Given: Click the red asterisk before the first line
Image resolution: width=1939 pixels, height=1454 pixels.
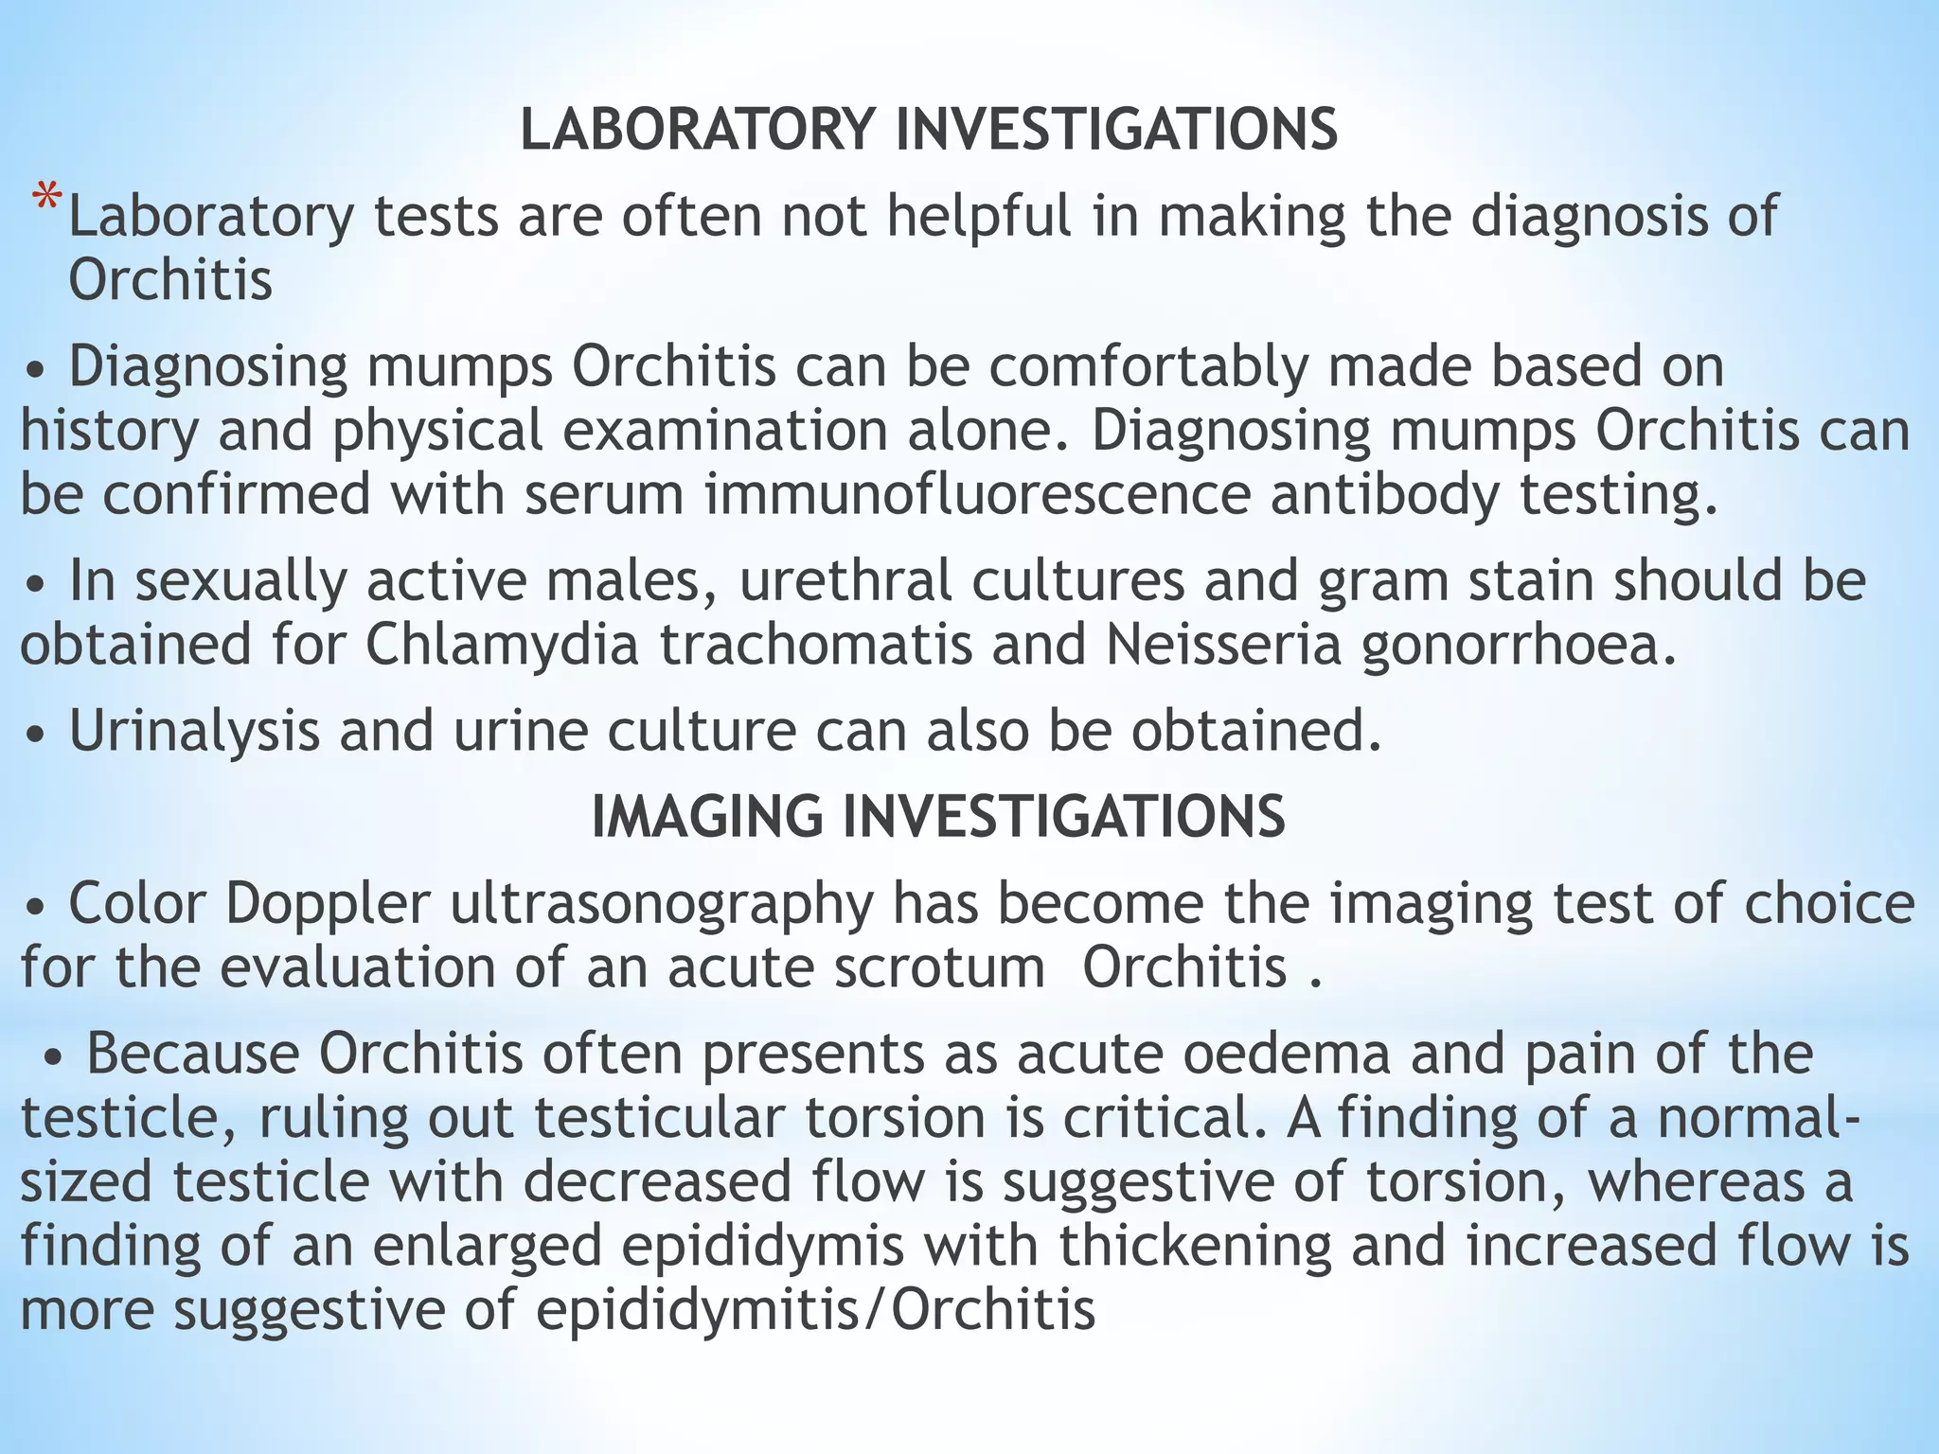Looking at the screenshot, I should tap(46, 201).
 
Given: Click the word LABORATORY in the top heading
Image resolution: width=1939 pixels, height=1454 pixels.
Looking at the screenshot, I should tap(697, 130).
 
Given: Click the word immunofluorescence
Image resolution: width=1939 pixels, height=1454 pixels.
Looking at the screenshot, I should tap(977, 495).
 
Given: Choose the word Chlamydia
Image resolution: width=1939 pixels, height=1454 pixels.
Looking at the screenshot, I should tap(502, 646).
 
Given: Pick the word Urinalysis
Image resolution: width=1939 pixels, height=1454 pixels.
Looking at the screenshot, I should tap(195, 732).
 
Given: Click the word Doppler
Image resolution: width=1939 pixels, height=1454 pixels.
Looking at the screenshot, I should tap(328, 904).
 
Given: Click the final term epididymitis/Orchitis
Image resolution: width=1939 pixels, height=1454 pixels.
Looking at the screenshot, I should tap(815, 1311).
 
